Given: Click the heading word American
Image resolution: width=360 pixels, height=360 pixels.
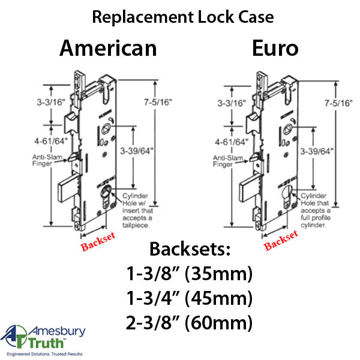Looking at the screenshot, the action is [x=108, y=48].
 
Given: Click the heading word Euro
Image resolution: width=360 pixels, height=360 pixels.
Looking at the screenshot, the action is [x=275, y=48].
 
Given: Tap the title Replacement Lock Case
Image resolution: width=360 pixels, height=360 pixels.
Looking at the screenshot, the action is [x=183, y=17].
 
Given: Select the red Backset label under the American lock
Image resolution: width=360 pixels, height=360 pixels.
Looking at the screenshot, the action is [x=98, y=241].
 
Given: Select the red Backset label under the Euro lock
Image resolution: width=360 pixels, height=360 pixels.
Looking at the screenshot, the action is [x=281, y=240].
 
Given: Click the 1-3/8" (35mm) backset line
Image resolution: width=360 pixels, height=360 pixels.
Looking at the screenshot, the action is [x=189, y=274].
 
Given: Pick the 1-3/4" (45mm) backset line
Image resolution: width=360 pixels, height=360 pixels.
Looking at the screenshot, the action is [x=189, y=298].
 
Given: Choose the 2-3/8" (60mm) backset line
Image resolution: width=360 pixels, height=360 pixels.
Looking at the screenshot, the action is [x=189, y=322].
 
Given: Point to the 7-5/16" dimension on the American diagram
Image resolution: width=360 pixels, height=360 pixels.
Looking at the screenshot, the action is [x=158, y=102].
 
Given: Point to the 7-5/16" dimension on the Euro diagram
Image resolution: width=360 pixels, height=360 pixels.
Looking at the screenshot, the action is [x=338, y=103].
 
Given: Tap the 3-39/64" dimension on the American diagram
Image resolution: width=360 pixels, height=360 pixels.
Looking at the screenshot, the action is [x=137, y=151].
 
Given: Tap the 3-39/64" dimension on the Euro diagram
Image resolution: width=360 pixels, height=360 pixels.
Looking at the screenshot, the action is [x=317, y=151].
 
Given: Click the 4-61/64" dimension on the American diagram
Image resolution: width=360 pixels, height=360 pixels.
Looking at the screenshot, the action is [x=51, y=141].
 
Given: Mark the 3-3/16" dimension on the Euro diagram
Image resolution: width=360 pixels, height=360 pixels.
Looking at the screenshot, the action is [x=232, y=103].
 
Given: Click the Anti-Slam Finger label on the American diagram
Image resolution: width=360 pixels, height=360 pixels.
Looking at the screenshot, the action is [x=47, y=160].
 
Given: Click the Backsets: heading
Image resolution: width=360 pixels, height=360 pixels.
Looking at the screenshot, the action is [x=190, y=249].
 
